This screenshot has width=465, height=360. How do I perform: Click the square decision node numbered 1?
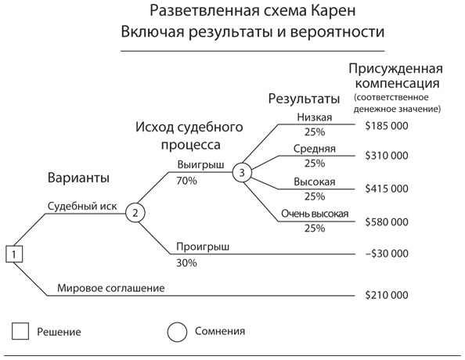(16, 254)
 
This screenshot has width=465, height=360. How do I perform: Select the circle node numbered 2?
(135, 211)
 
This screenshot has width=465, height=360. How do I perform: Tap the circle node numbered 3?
(243, 172)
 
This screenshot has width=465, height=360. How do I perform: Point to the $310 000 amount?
(387, 156)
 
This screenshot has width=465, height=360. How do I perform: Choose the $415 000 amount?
(387, 189)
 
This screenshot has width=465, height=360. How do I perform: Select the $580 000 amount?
(387, 221)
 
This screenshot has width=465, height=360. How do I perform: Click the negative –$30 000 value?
(385, 254)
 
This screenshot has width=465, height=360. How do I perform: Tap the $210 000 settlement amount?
(387, 295)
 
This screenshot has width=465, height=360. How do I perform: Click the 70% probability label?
(188, 181)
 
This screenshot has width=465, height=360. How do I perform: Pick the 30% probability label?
(187, 262)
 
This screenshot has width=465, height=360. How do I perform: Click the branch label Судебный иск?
(81, 207)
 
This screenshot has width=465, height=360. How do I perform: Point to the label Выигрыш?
(200, 166)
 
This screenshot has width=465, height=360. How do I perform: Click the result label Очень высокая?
(314, 214)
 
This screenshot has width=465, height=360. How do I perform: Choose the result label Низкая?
(315, 117)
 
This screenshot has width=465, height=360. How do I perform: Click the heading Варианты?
(78, 177)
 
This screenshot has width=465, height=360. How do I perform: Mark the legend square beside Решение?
(21, 331)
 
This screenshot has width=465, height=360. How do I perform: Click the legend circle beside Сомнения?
(178, 331)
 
